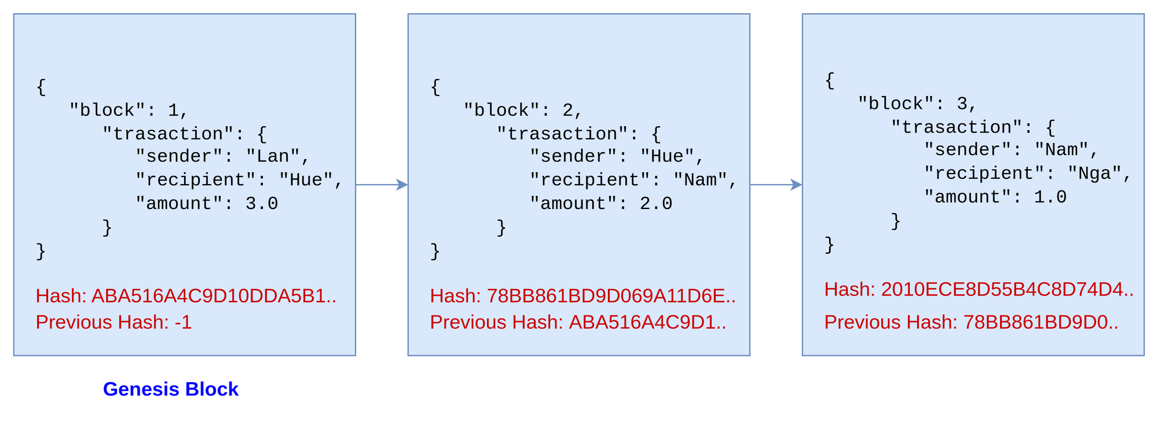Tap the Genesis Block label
tap(171, 389)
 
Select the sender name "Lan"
tap(273, 156)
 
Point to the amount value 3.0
tap(262, 204)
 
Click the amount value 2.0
tap(656, 204)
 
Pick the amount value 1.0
tap(1050, 197)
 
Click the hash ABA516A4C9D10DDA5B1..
tap(213, 296)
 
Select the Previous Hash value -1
tap(183, 322)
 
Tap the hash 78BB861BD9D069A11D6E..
tap(610, 296)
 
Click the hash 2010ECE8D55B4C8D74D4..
tap(1006, 289)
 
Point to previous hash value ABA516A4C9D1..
tap(647, 322)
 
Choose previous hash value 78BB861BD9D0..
tap(1040, 322)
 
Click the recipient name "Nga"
tap(1095, 174)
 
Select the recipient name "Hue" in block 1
tap(306, 180)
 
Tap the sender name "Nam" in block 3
tap(1061, 150)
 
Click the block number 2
tap(568, 110)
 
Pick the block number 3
tap(962, 104)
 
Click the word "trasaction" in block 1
tap(168, 134)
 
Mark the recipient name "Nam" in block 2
tap(700, 180)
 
